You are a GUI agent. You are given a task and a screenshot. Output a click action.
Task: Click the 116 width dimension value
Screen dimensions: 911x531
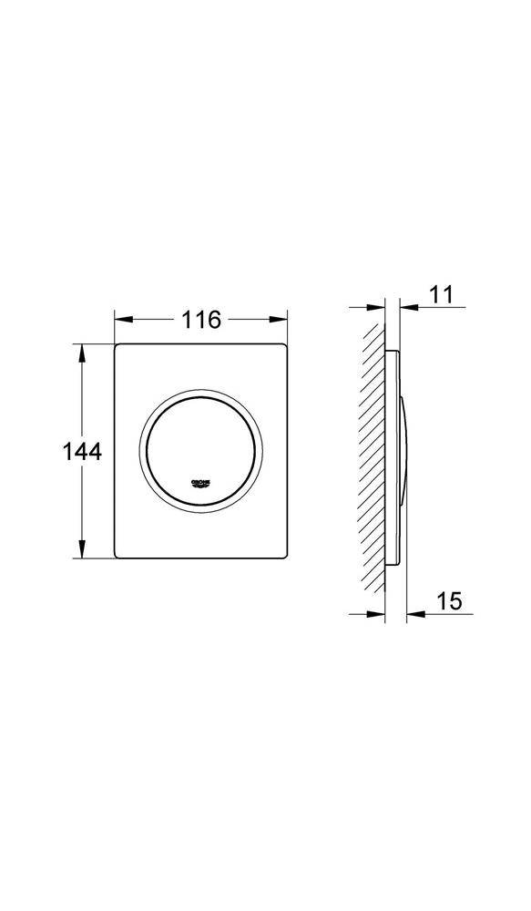(201, 320)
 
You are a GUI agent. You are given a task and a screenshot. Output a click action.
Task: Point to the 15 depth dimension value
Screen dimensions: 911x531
(449, 600)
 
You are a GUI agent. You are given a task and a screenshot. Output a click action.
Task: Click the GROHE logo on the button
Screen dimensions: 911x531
(200, 482)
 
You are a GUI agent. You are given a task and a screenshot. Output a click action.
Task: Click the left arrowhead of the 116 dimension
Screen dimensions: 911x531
(122, 320)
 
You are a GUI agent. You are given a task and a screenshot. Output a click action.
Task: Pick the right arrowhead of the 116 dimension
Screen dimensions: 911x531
(280, 320)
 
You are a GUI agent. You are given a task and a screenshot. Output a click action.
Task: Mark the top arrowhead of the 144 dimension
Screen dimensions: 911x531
(83, 352)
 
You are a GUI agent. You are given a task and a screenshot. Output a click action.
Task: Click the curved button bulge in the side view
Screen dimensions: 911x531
(404, 451)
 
